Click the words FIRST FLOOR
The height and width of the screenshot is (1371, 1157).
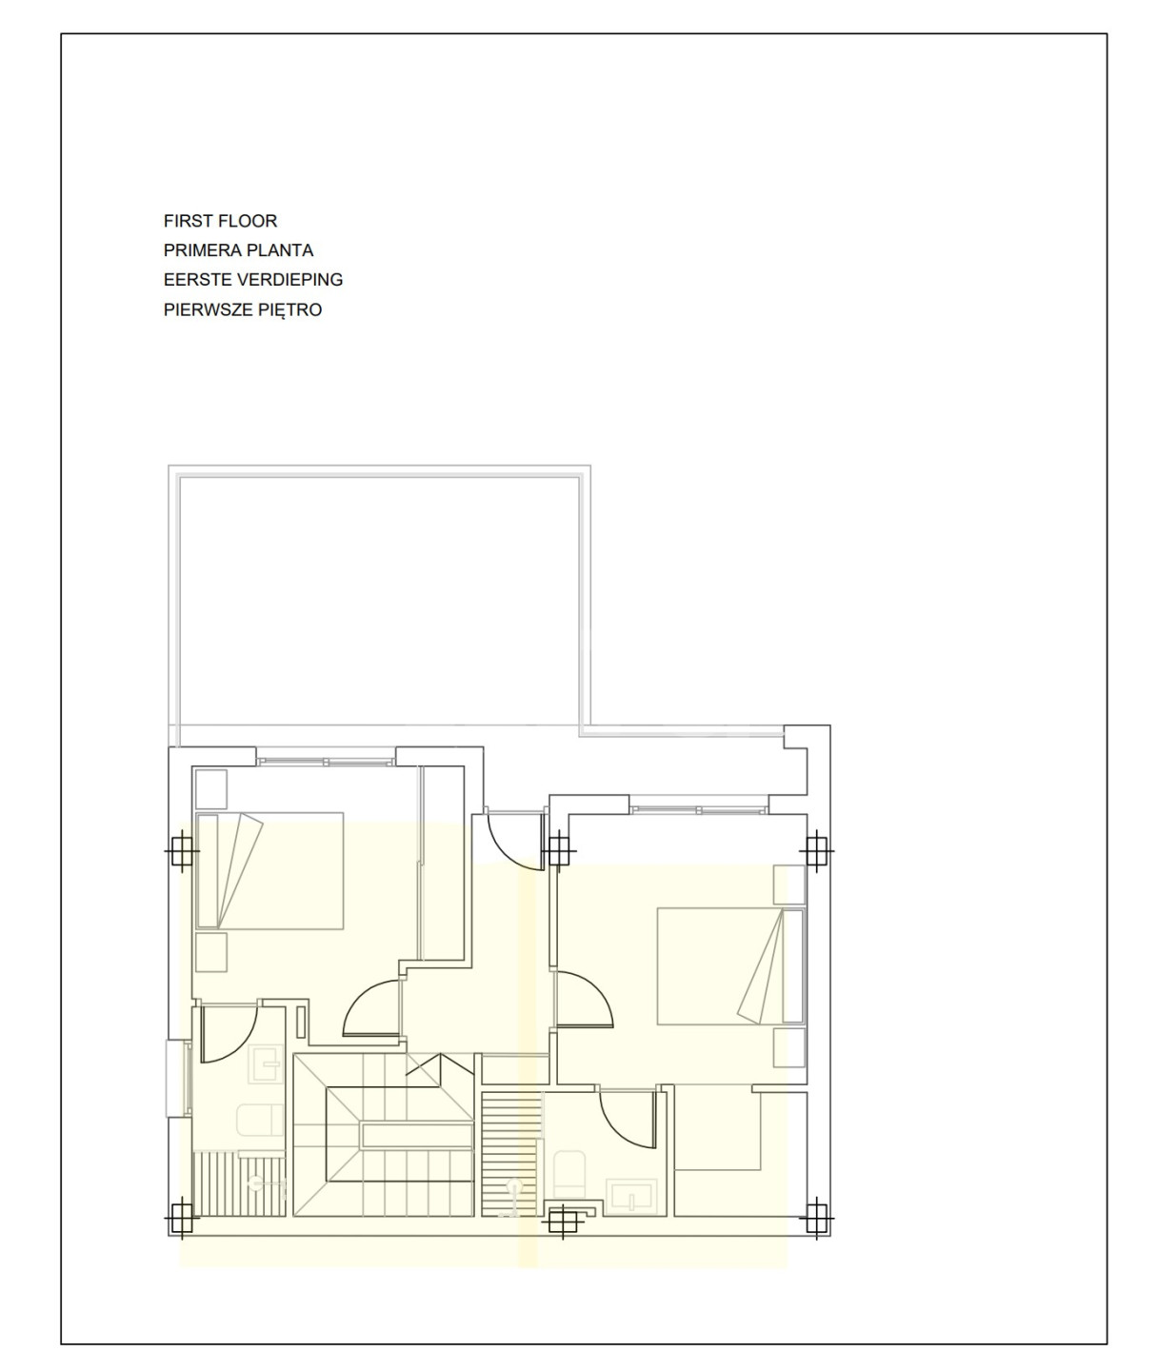pos(220,221)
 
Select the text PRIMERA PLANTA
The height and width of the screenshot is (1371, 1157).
pos(238,250)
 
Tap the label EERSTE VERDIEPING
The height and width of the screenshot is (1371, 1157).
pos(252,280)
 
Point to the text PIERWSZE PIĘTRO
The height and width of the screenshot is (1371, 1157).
pos(242,309)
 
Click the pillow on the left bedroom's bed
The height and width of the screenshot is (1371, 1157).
pos(207,871)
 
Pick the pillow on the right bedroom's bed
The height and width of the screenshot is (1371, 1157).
pos(793,965)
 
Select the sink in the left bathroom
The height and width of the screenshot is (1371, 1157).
pos(266,1063)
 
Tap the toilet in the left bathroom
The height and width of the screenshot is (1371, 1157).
pos(260,1120)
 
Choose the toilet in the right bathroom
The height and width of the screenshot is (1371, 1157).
pos(569,1175)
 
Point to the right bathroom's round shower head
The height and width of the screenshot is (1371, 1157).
pos(514,1186)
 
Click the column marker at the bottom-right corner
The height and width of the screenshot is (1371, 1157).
pos(816,1219)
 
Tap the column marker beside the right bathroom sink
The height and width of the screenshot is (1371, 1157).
pos(563,1222)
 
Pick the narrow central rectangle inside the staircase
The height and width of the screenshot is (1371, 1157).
pos(417,1135)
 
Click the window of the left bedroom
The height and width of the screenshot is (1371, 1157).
pos(326,762)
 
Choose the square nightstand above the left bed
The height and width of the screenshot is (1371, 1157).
pos(211,789)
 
